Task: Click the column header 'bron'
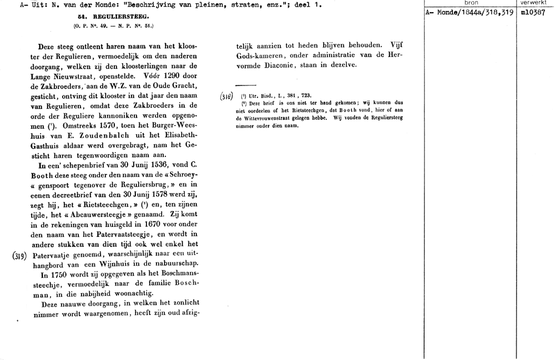click(x=471, y=3)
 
